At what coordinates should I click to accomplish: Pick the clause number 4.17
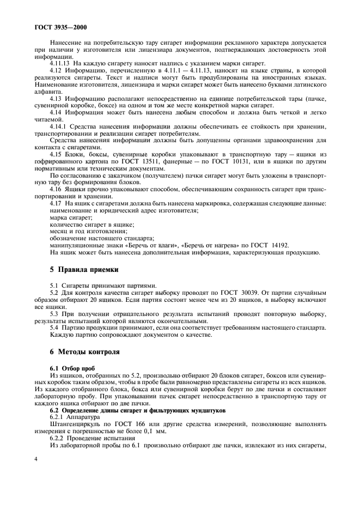pos(57,203)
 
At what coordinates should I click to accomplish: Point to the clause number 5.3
pos(54,314)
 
